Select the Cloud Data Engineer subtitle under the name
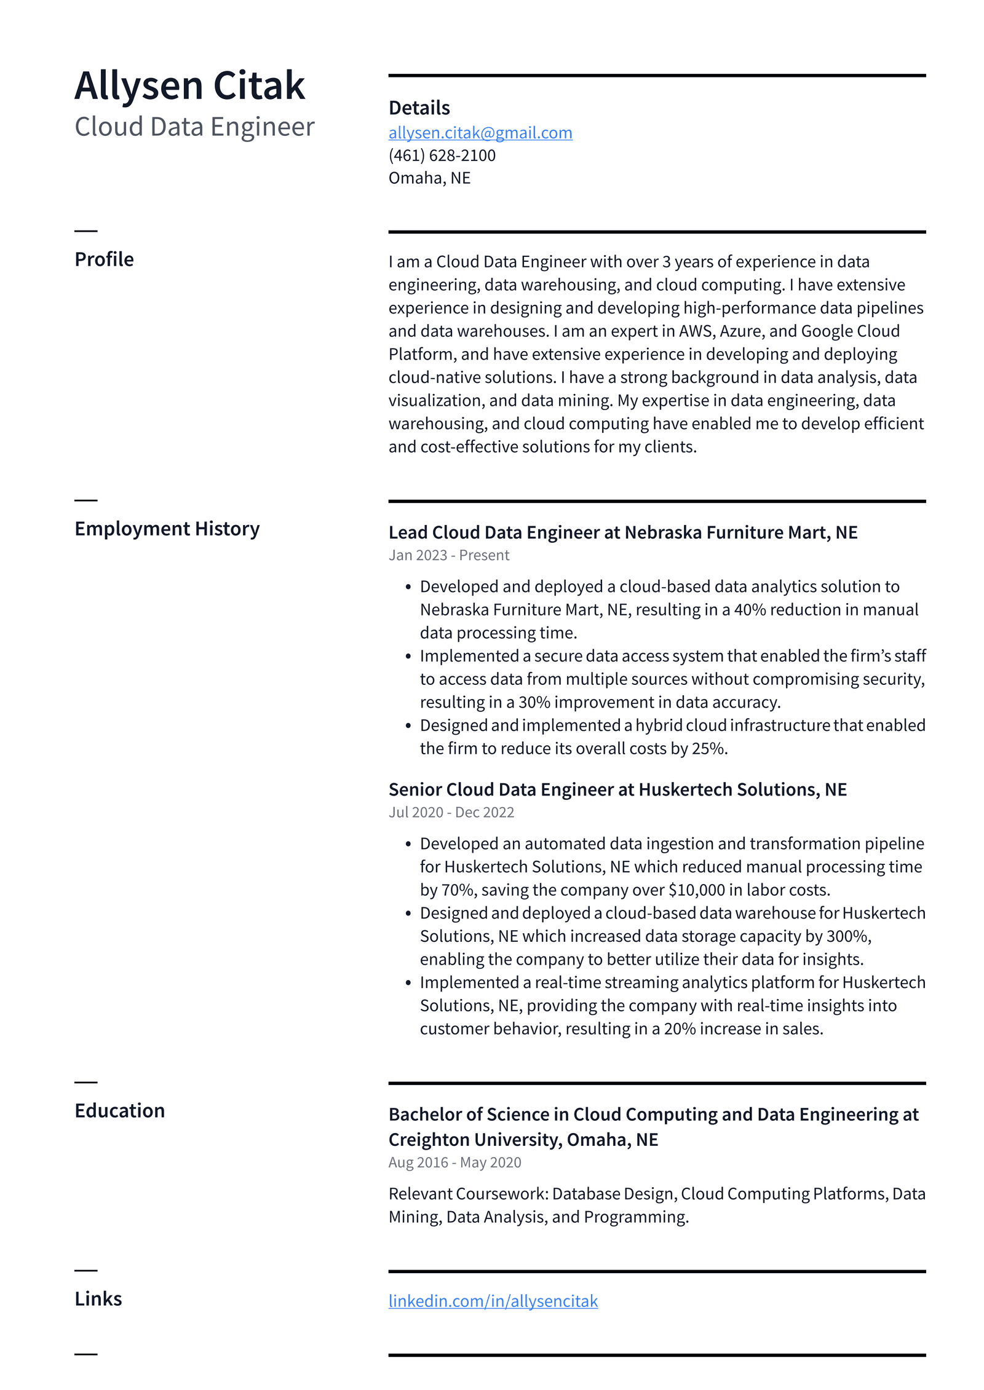[194, 127]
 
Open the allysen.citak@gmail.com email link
[480, 133]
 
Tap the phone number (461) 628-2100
[442, 156]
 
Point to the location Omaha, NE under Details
[429, 178]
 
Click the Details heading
[419, 108]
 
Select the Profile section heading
[104, 259]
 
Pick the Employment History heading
[167, 529]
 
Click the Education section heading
[119, 1110]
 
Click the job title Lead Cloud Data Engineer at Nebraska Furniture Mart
[622, 532]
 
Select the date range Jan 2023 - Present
[448, 555]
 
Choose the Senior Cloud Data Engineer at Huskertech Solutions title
[617, 789]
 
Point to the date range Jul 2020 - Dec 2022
[451, 812]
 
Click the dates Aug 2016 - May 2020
[454, 1163]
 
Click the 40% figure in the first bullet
[750, 609]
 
